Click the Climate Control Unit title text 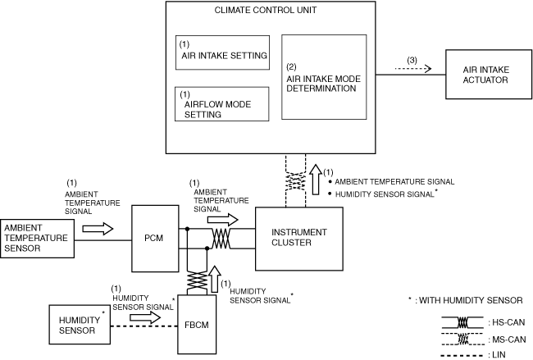click(266, 10)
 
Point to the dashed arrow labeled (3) click(413, 69)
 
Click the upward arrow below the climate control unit click(317, 180)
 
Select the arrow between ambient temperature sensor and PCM click(98, 229)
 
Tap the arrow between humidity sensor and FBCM click(145, 317)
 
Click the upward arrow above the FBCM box click(215, 279)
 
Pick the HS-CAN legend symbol click(462, 322)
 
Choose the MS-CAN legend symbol click(462, 339)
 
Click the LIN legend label click(497, 355)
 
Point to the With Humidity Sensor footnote click(466, 300)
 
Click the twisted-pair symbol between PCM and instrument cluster click(221, 239)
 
